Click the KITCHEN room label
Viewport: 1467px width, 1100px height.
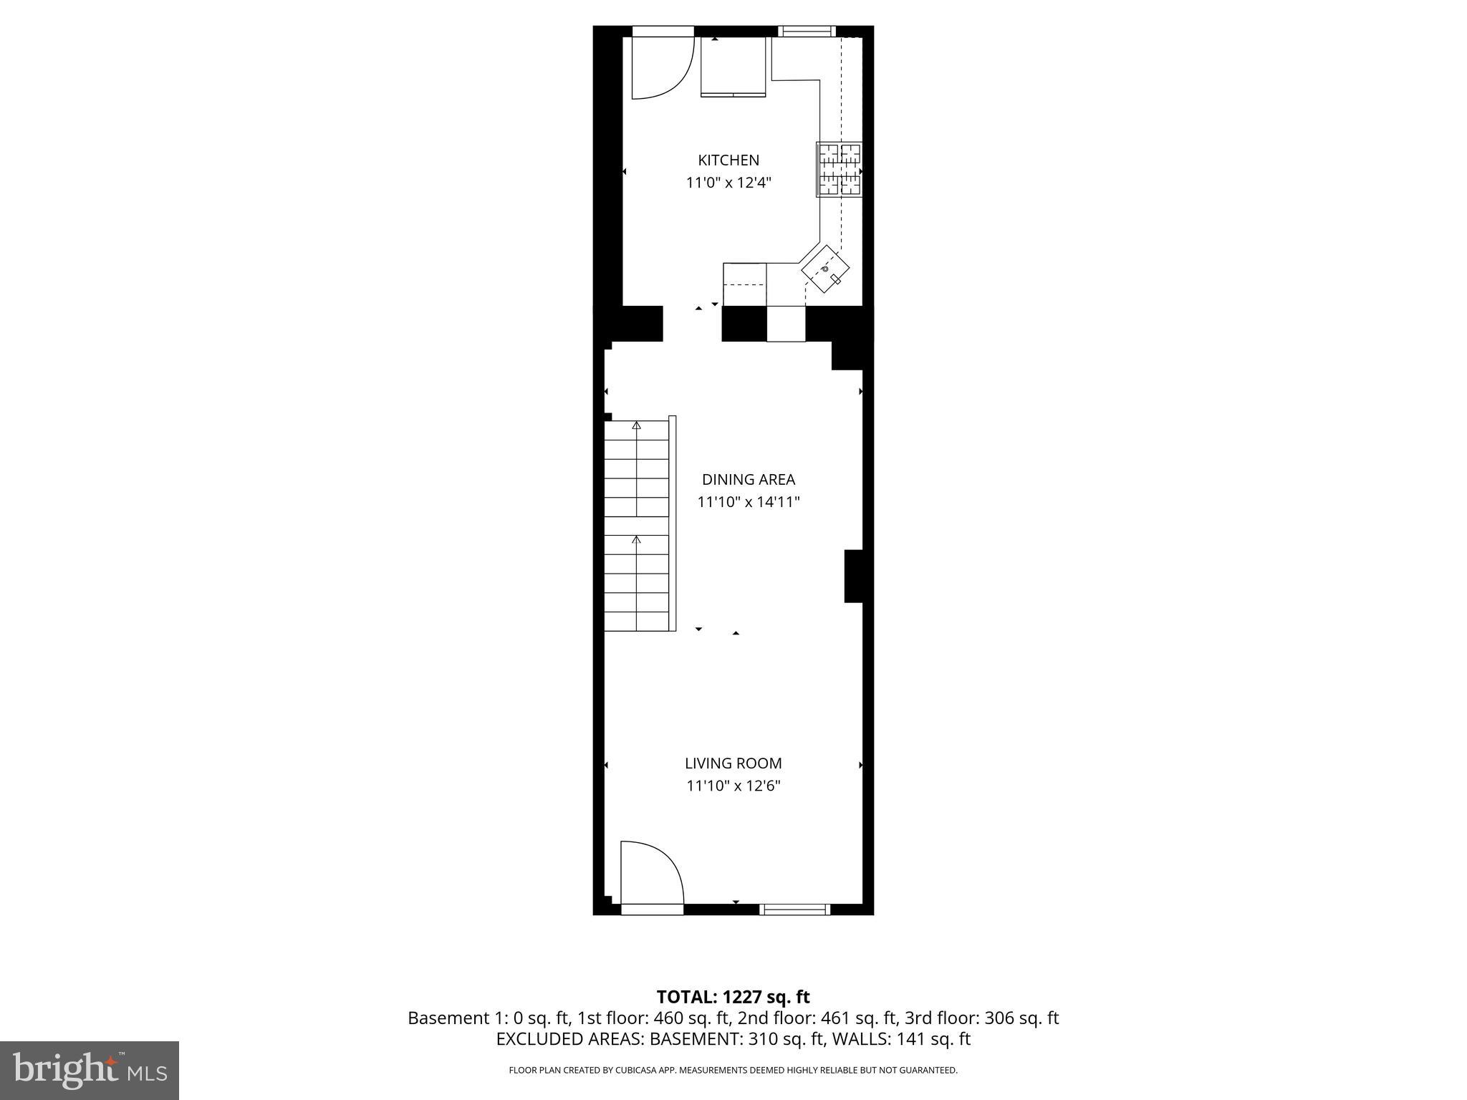728,160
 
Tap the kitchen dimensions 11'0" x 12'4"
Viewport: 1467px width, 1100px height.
728,183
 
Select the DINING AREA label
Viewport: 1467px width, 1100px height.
748,480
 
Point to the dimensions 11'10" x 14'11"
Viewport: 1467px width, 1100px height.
748,502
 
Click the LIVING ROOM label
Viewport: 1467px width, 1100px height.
733,763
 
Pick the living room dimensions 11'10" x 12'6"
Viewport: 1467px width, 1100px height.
733,786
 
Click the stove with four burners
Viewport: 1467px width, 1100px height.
839,170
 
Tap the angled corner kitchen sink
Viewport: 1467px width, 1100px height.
826,270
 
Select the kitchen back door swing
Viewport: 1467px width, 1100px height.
660,67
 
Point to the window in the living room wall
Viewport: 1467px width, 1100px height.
794,910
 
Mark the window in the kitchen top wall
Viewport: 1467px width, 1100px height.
807,31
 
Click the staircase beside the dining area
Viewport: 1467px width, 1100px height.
637,525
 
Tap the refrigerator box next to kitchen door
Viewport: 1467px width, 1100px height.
733,67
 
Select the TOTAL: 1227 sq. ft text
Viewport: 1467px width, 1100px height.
733,997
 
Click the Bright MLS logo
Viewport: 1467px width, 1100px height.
90,1070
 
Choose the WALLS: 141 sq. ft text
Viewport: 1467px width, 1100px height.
899,1039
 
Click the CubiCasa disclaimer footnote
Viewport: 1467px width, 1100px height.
733,1070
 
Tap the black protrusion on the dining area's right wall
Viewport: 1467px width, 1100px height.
854,576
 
